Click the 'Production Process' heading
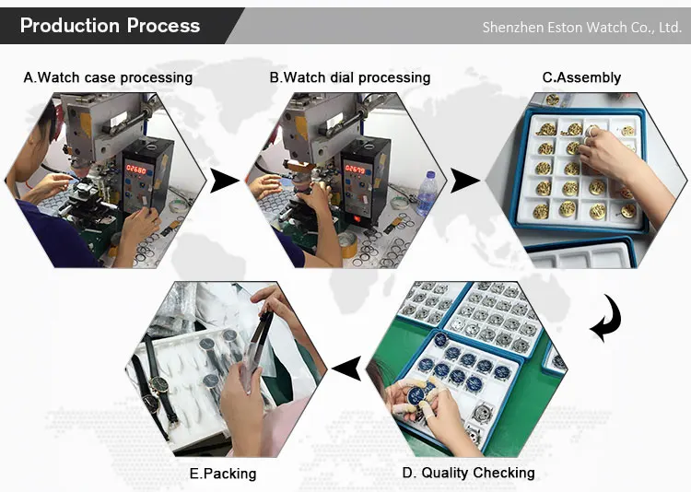coord(111,26)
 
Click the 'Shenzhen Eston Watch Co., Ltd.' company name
coord(581,28)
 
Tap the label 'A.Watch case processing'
coord(108,77)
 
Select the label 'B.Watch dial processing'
coord(350,77)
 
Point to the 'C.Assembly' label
coord(581,77)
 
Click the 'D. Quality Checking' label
coord(468,473)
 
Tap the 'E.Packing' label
coord(223,474)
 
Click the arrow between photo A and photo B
coord(224,181)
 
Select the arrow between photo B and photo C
coord(465,181)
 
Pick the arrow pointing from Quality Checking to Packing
coord(346,369)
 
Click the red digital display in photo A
coord(136,168)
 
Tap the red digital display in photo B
coord(355,169)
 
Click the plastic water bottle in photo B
coord(426,194)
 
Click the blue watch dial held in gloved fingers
coord(416,394)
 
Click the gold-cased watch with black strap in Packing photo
coord(158,385)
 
